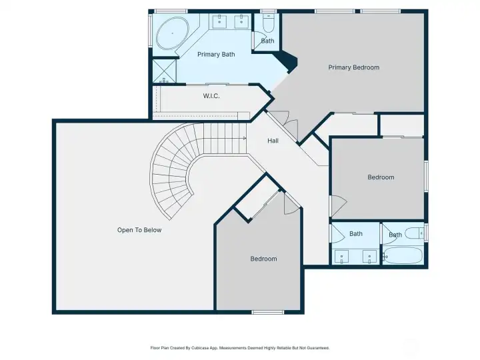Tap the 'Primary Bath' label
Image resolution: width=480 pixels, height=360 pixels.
coord(216,54)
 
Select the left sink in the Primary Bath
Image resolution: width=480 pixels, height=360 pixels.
coord(221,22)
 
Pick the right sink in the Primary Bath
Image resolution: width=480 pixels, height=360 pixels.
coord(241,22)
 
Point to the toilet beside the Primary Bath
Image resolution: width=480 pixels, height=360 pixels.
coord(268,24)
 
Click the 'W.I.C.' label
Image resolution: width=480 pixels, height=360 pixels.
coord(211,96)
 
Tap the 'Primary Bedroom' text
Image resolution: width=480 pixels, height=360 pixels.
coord(353,67)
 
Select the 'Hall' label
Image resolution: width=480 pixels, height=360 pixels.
coord(273,141)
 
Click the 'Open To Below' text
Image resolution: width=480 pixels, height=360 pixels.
coord(139,230)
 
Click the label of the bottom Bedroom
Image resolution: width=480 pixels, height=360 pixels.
coord(263,259)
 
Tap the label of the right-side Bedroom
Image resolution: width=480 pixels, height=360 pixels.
coord(381,177)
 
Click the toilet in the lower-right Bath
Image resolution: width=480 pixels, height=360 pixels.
coord(414,233)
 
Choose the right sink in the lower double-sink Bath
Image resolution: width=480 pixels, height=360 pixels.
coord(369,256)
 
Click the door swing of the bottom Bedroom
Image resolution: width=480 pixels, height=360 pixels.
coord(291,204)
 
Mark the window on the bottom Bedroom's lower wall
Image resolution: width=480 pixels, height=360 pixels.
coord(263,312)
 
